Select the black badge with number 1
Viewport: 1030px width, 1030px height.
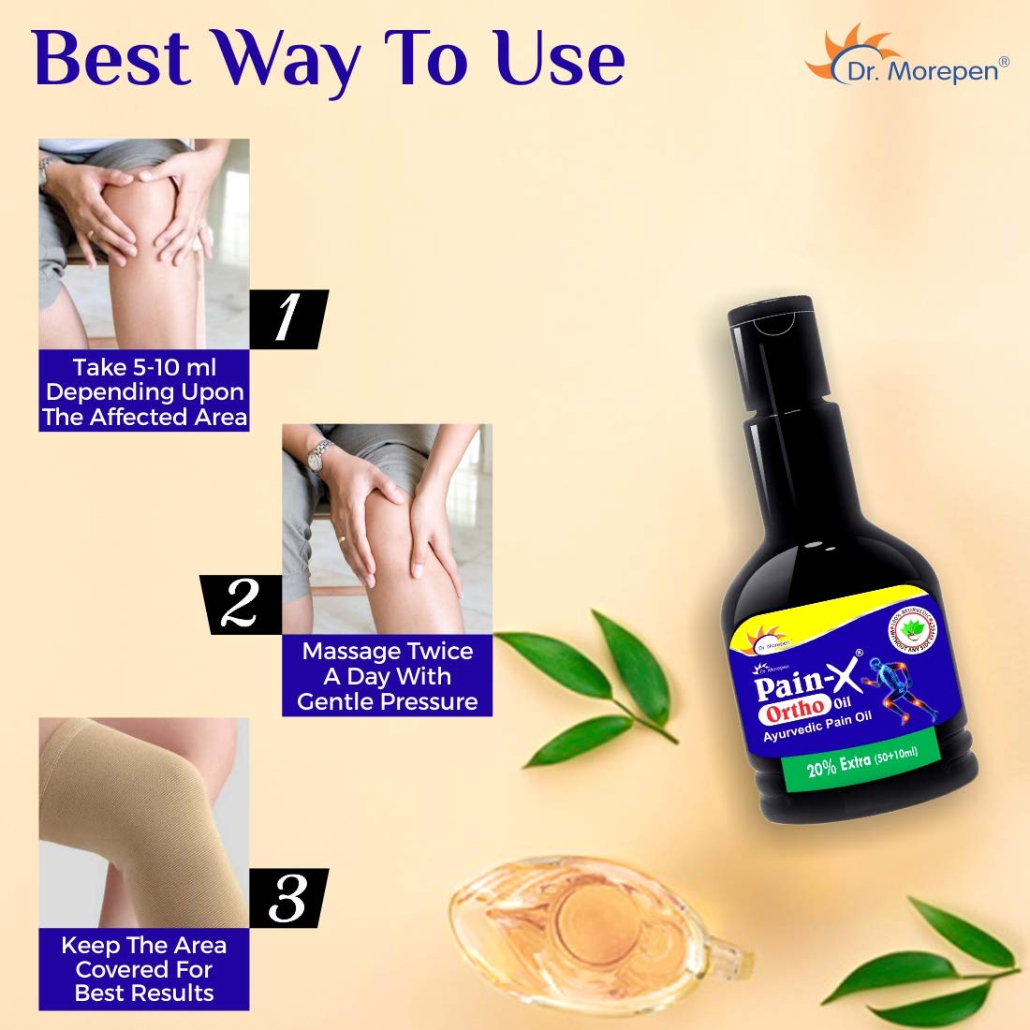coord(287,319)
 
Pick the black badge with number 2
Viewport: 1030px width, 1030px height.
coord(241,605)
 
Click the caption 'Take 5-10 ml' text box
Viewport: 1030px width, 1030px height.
coord(144,392)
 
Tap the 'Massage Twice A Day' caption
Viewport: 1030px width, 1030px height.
coord(387,676)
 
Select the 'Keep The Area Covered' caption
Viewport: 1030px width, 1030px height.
coord(144,969)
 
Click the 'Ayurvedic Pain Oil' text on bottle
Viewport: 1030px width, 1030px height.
coord(817,728)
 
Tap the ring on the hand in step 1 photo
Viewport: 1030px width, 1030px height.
coord(91,233)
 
